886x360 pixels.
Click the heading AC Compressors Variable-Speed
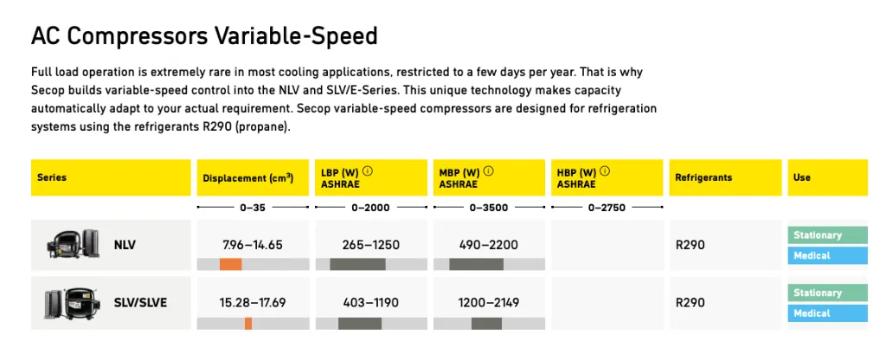(x=204, y=36)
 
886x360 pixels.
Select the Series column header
(x=52, y=177)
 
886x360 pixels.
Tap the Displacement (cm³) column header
(x=247, y=178)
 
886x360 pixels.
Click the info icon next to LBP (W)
(x=368, y=171)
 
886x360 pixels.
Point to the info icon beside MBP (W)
(x=488, y=171)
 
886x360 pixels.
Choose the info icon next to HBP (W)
(x=605, y=171)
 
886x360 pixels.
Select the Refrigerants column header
(x=703, y=177)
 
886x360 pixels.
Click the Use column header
(x=802, y=177)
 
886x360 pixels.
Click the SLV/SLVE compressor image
(x=67, y=303)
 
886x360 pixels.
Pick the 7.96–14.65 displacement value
(x=252, y=245)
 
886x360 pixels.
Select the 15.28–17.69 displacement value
(x=252, y=303)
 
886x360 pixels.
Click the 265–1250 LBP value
(x=370, y=245)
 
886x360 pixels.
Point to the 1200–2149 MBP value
(x=488, y=303)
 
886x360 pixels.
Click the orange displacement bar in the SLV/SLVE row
(x=248, y=323)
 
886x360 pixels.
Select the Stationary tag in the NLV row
(x=826, y=235)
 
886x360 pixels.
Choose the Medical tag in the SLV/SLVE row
(x=826, y=313)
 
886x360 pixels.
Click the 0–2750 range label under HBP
(x=606, y=208)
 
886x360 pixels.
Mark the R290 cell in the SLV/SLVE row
(x=690, y=303)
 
